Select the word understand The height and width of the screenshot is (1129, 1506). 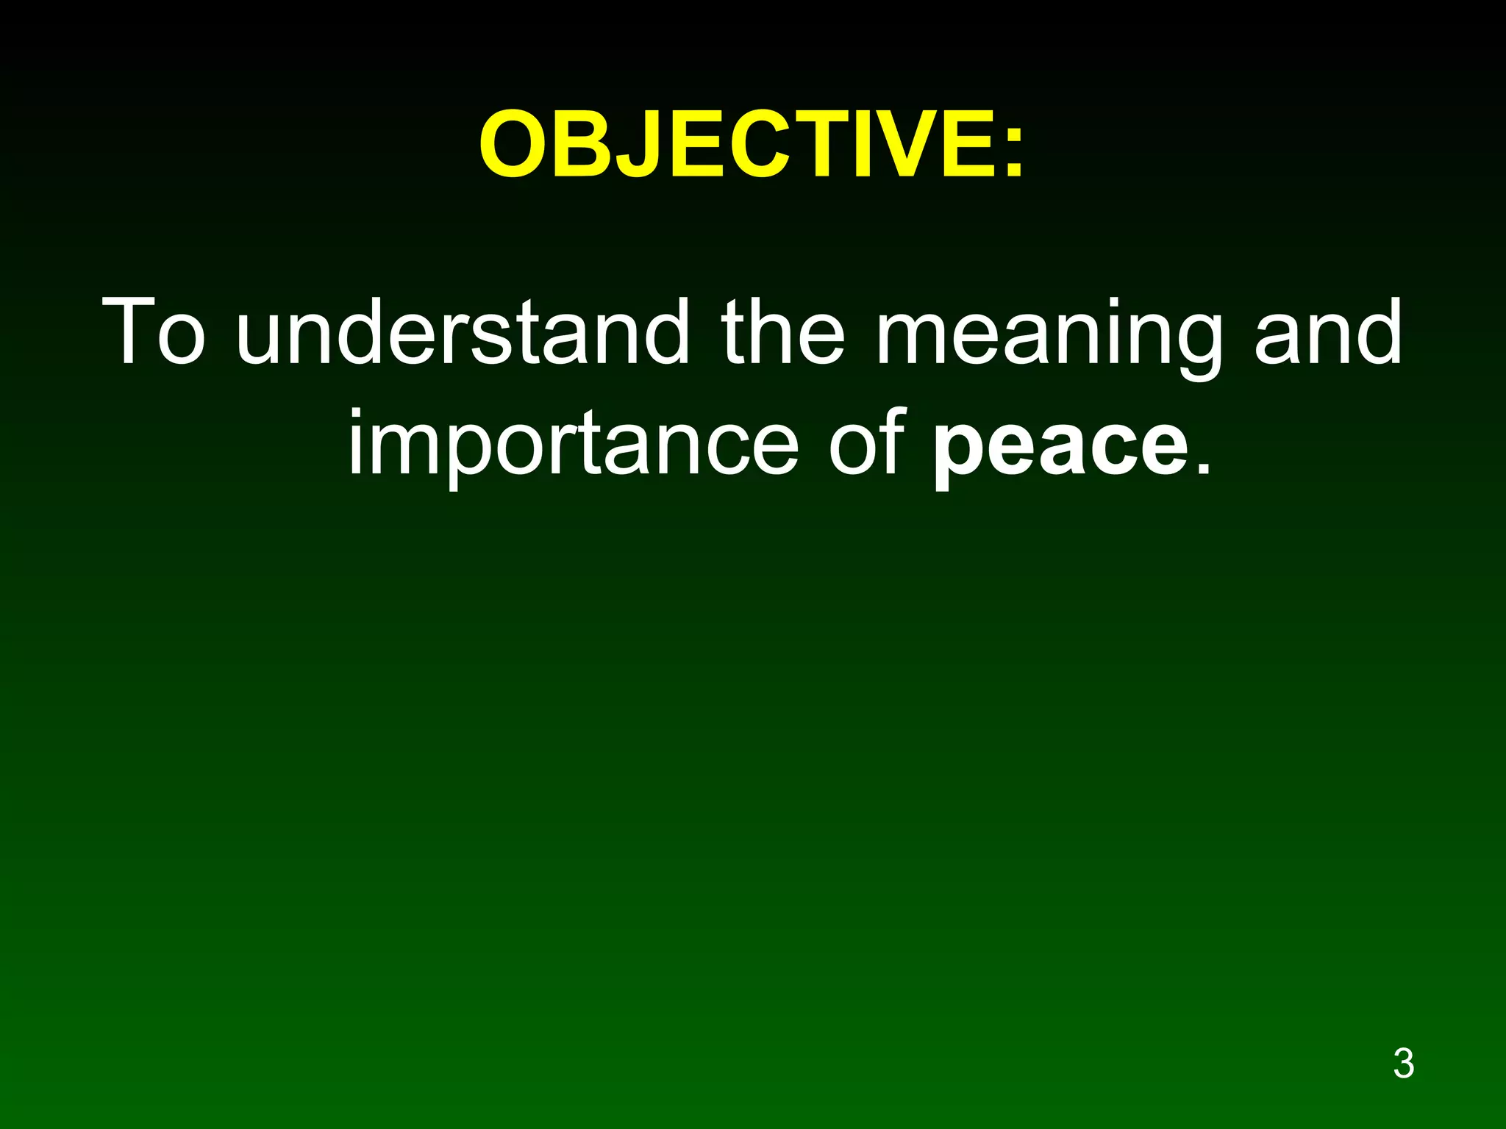pos(463,332)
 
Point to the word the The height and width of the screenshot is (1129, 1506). pos(783,332)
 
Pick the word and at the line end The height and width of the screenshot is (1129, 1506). pos(1328,332)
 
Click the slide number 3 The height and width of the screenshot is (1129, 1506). pos(1403,1064)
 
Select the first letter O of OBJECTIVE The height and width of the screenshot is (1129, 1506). pos(516,143)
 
